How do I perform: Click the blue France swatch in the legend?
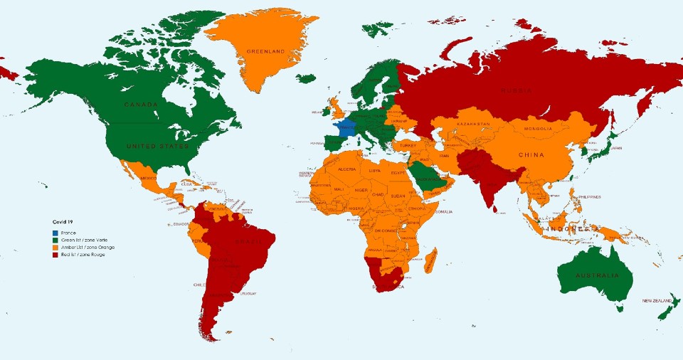[x=55, y=233]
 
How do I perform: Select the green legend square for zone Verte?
[x=55, y=240]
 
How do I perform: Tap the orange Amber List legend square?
[x=55, y=247]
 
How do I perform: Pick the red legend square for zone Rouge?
[x=55, y=254]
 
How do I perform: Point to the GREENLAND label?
[x=265, y=51]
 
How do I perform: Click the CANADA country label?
[x=141, y=105]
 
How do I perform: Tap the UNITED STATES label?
[x=158, y=146]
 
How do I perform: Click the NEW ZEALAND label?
[x=657, y=301]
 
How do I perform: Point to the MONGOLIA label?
[x=537, y=129]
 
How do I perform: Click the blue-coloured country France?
[x=346, y=129]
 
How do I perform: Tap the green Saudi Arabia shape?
[x=428, y=178]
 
